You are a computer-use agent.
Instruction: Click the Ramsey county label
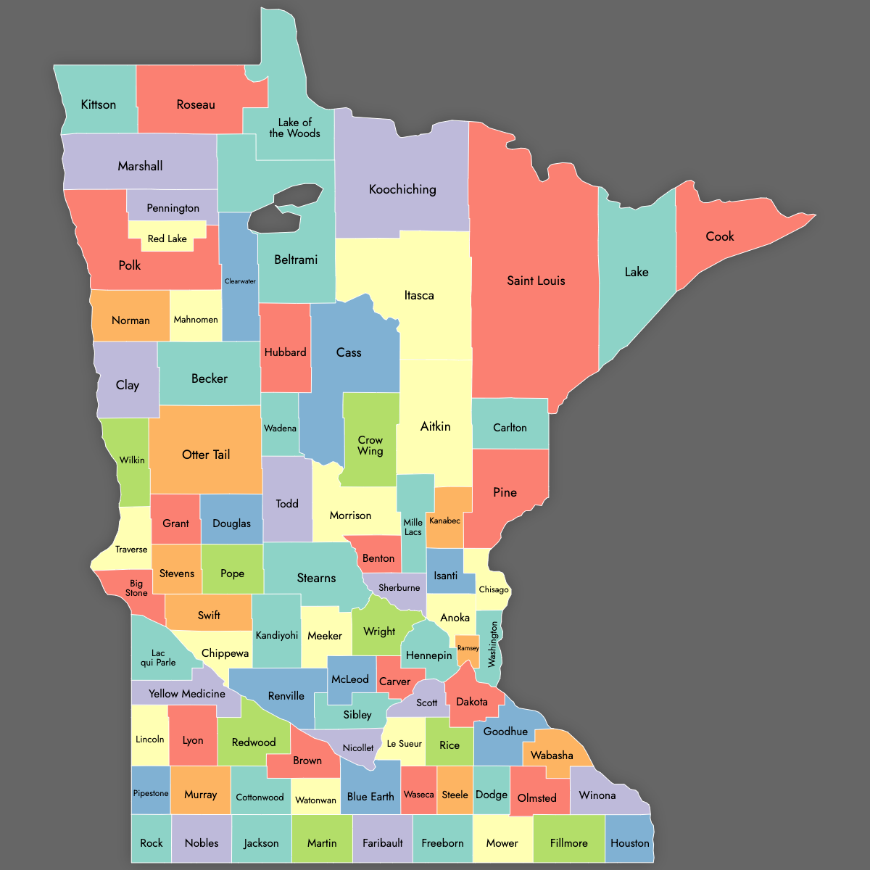click(x=468, y=648)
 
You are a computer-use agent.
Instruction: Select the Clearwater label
click(x=240, y=281)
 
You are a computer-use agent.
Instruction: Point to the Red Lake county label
click(x=167, y=239)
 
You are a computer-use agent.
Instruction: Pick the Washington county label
click(x=493, y=644)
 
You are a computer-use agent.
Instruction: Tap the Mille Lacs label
click(x=413, y=527)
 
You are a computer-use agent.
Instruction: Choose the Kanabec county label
click(x=444, y=521)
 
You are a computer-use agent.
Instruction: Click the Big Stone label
click(x=136, y=588)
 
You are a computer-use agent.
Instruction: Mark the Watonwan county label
click(x=315, y=800)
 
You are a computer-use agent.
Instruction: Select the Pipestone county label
click(x=151, y=793)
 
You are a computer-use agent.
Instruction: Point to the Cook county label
click(x=720, y=236)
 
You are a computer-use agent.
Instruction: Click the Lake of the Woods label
click(x=294, y=128)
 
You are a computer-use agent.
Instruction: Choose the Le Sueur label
click(x=404, y=744)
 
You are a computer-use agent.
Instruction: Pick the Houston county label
click(x=629, y=843)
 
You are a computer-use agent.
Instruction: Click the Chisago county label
click(x=494, y=589)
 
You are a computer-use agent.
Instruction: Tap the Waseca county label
click(x=418, y=795)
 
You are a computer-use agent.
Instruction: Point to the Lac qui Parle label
click(x=158, y=658)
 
